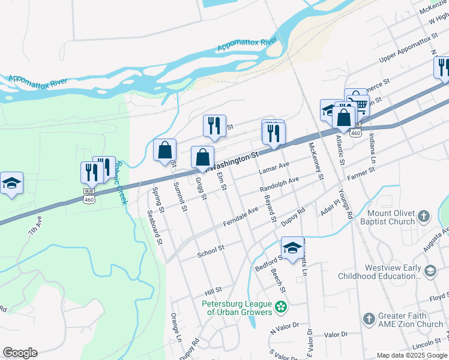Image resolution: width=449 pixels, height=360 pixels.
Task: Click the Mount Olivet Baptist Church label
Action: [391, 218]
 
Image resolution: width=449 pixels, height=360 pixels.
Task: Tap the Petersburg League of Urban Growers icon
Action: [280, 308]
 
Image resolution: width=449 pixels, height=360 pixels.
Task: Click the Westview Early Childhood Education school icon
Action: [430, 272]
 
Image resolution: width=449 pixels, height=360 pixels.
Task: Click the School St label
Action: [211, 249]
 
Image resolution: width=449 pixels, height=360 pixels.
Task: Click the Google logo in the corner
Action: [20, 353]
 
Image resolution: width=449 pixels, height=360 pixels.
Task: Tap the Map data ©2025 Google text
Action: [411, 355]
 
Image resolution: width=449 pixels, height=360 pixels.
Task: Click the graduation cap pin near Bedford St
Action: [292, 248]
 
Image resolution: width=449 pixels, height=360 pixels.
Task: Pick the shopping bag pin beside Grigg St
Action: [202, 157]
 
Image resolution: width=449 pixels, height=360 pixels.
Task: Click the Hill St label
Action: [213, 290]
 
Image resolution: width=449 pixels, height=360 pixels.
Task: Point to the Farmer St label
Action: [360, 174]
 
